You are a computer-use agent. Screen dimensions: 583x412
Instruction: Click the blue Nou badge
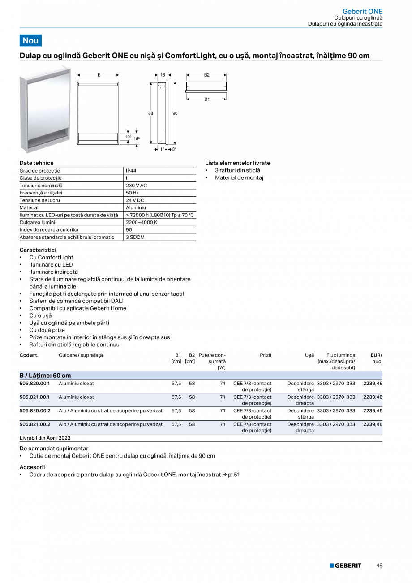[30, 40]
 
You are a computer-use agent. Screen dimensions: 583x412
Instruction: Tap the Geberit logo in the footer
[345, 566]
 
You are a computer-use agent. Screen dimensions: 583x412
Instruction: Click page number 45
[379, 566]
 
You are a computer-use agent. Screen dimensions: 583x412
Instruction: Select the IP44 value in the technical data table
[131, 171]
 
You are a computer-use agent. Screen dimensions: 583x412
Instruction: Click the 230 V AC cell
[136, 186]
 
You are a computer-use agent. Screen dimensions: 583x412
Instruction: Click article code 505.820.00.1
[35, 384]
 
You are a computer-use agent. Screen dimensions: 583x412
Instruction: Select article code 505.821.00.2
[35, 424]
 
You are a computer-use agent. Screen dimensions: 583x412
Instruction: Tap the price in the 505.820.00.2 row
[373, 410]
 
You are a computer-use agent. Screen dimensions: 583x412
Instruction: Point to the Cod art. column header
[29, 355]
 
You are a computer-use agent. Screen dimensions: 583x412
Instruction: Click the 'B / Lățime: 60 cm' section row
[45, 376]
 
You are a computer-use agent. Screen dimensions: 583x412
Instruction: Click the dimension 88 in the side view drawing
[151, 114]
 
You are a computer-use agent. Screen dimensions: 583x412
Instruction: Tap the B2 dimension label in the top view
[207, 75]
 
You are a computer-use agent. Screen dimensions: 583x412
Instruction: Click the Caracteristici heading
[38, 250]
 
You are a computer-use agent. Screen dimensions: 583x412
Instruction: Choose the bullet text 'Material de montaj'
[239, 178]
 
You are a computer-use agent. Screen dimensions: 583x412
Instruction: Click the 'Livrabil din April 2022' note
[45, 438]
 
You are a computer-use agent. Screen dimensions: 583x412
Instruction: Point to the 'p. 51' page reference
[233, 474]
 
